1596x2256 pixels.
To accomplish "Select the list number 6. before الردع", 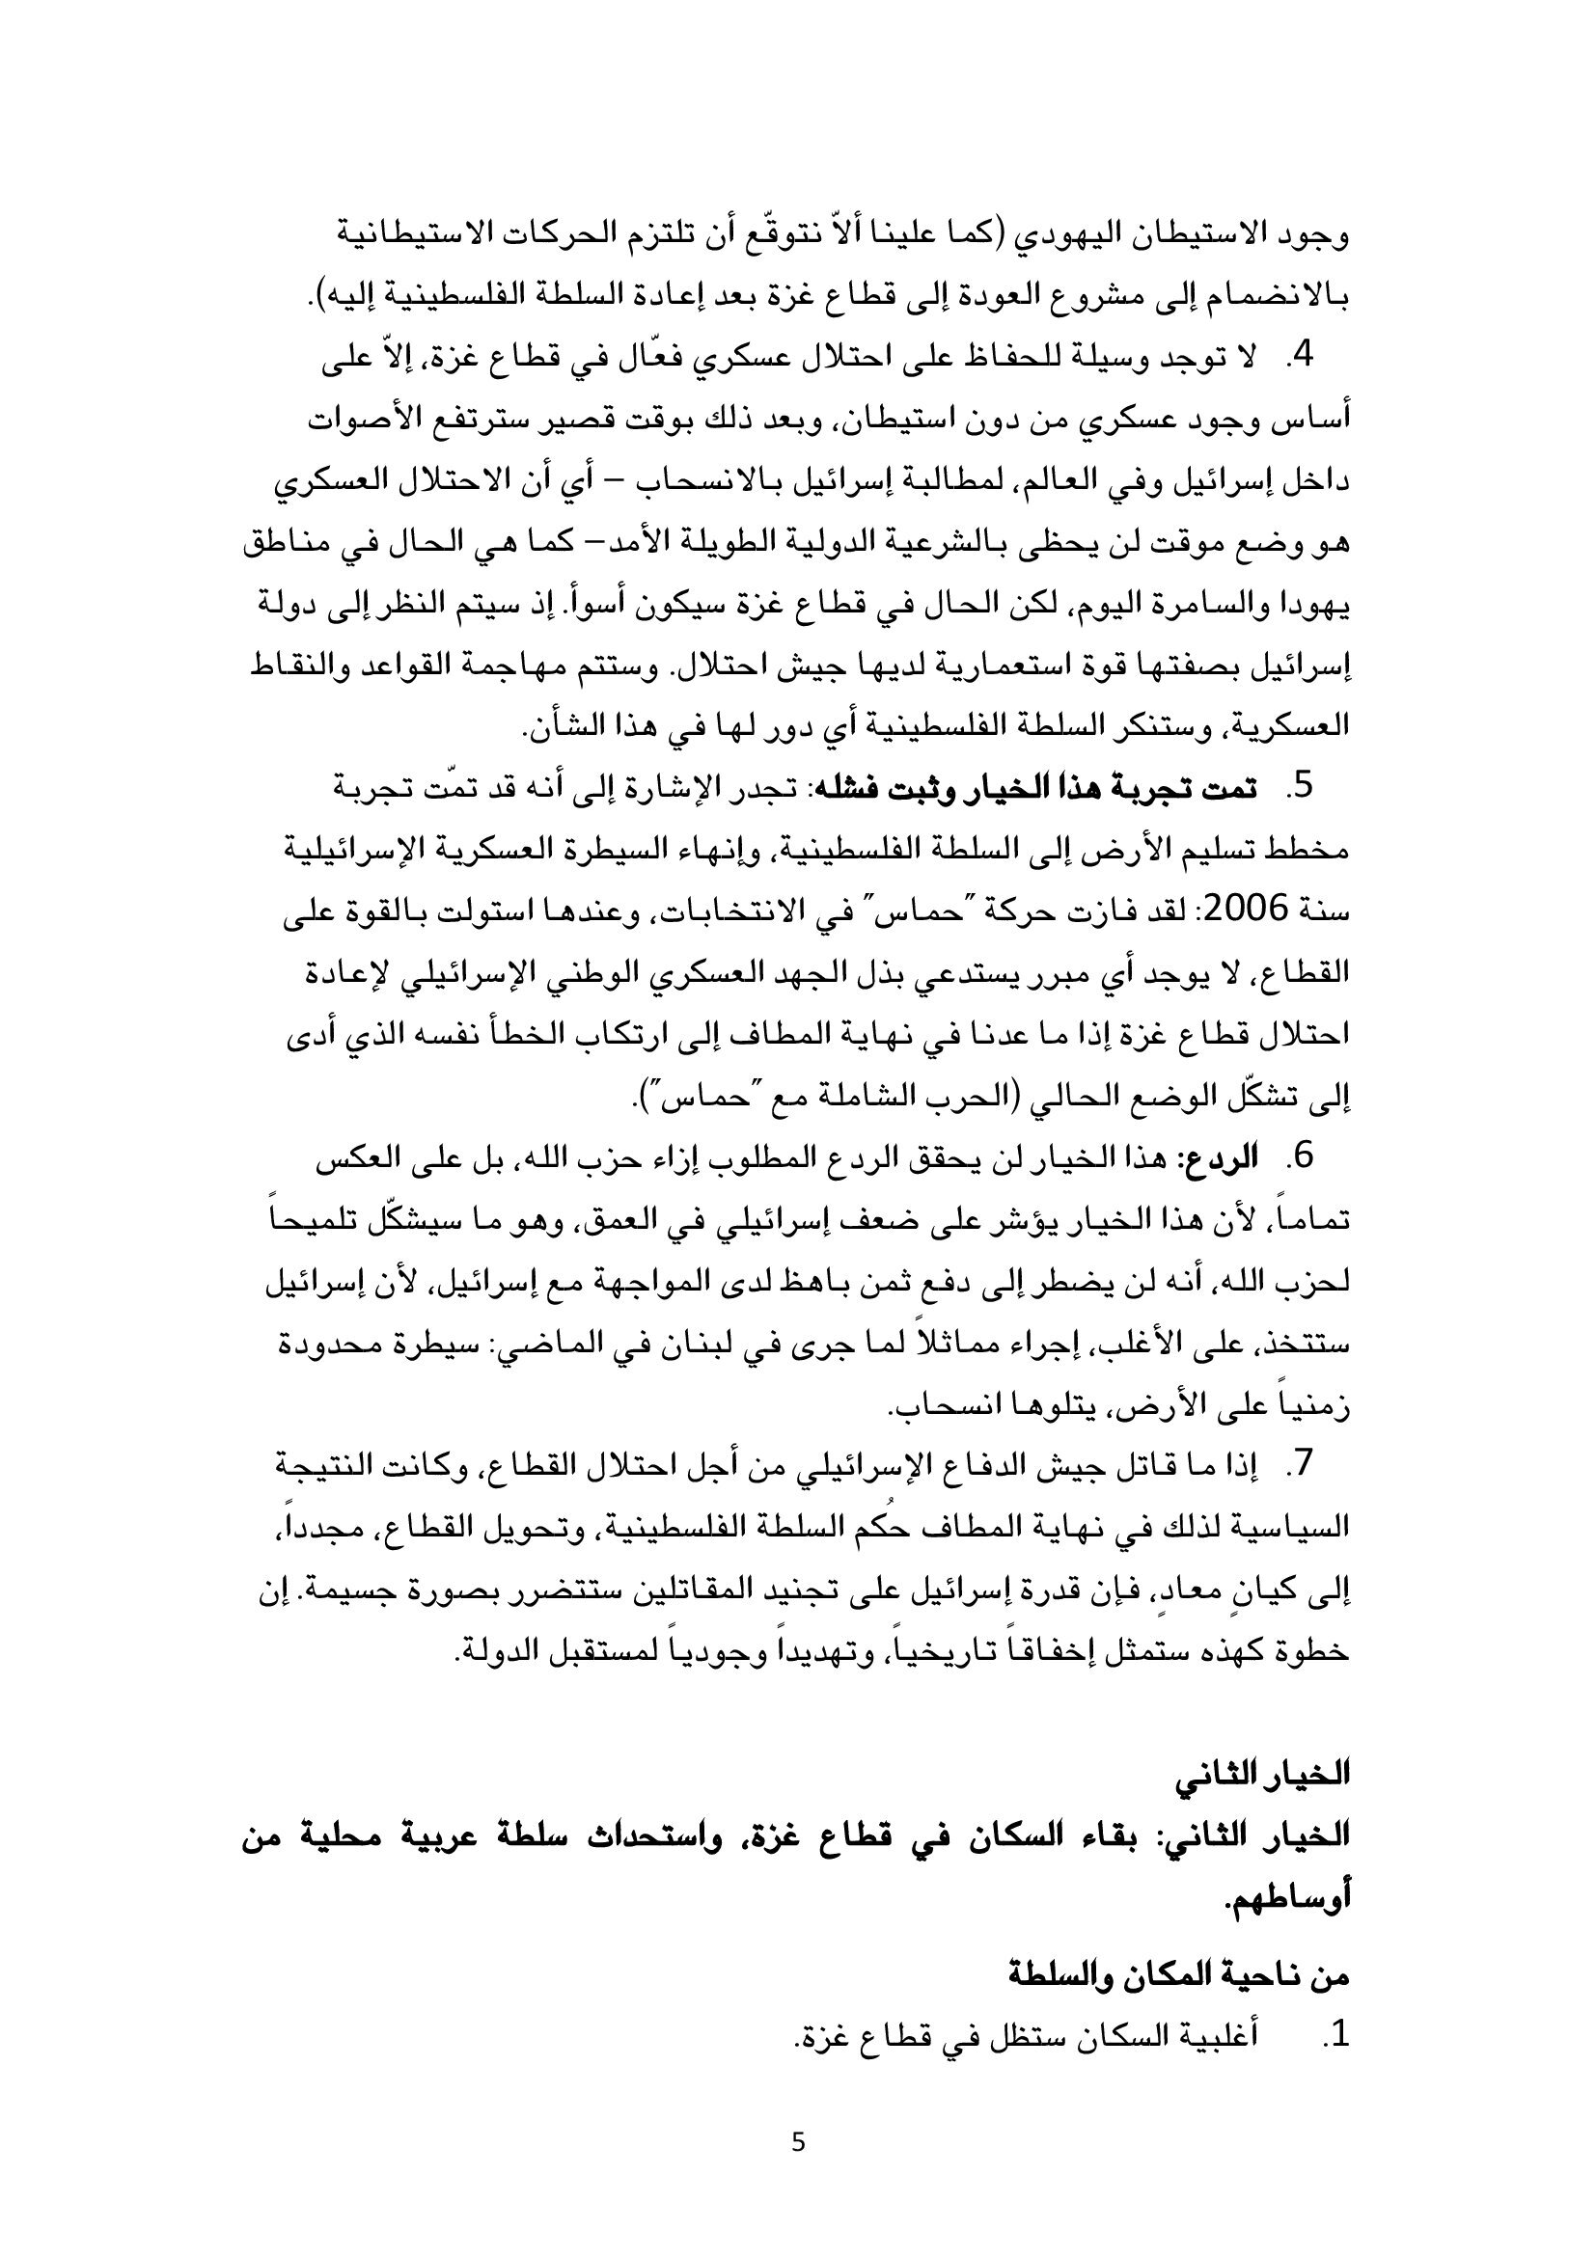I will tap(1300, 1156).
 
